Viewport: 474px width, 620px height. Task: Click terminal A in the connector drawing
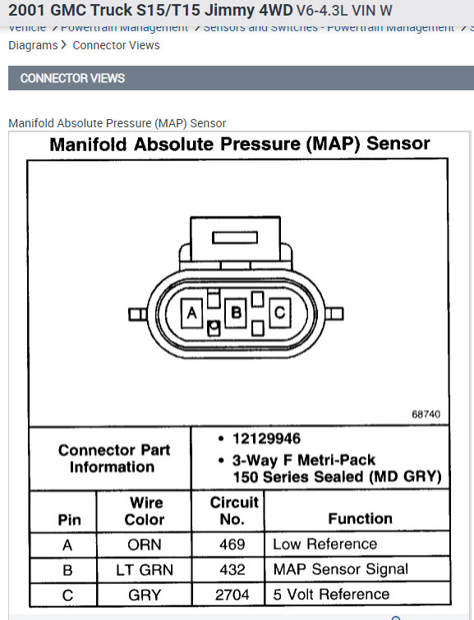[192, 312]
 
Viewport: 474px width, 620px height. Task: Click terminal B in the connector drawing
[237, 312]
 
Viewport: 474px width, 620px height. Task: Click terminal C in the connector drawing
[279, 312]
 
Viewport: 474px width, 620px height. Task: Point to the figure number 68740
[426, 414]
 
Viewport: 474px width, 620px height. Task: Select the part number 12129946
[266, 439]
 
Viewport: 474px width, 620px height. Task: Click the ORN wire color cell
[144, 544]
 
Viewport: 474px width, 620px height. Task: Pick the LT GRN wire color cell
[144, 569]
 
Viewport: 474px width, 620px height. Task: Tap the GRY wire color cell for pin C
[144, 594]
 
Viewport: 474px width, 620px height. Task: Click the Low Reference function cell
[324, 544]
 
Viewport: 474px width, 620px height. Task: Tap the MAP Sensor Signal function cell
[340, 569]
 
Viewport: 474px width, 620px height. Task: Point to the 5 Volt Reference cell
[331, 594]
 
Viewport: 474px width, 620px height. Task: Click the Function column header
[360, 518]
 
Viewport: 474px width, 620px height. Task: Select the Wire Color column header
[145, 511]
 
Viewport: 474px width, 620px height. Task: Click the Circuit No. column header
[233, 510]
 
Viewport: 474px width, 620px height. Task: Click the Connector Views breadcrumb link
[116, 45]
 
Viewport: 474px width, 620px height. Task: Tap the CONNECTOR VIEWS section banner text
[72, 78]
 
